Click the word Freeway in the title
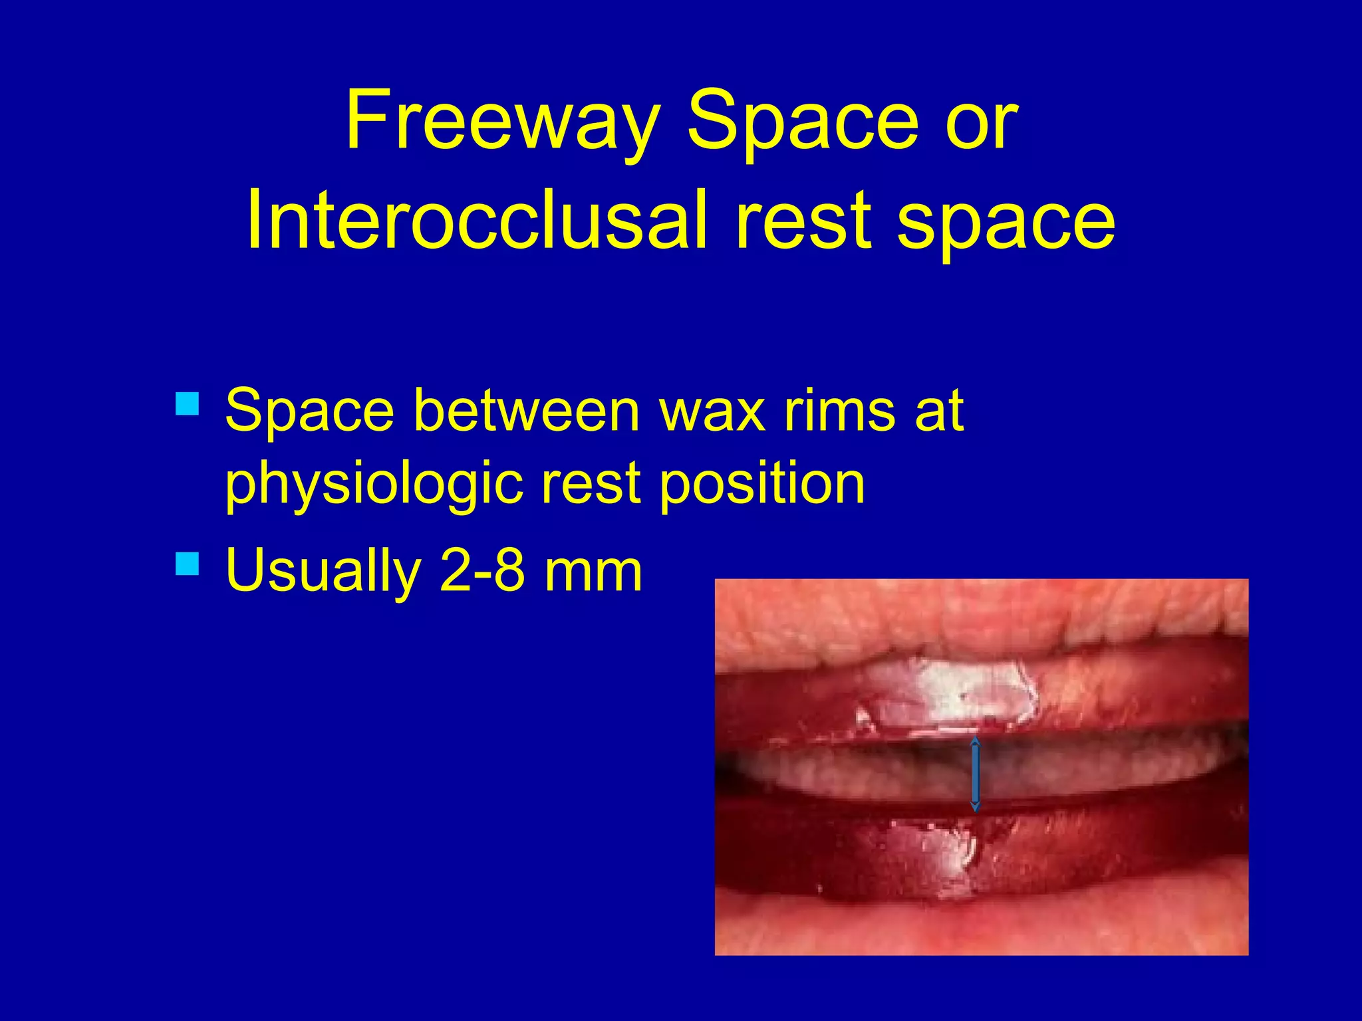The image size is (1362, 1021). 501,122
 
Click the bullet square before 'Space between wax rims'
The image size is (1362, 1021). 188,403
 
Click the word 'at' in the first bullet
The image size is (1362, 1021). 939,411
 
